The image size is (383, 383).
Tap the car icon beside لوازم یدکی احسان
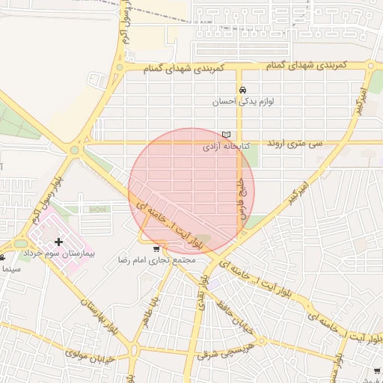point(242,90)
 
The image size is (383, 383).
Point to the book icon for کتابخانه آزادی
point(227,135)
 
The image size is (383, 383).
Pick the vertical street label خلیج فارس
point(242,196)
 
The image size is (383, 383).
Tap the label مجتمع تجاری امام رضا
point(156,260)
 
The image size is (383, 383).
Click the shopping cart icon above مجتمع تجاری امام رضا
point(156,249)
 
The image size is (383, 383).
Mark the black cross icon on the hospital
point(58,242)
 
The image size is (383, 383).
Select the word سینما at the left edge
point(9,266)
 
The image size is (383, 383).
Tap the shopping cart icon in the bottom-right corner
point(374,371)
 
